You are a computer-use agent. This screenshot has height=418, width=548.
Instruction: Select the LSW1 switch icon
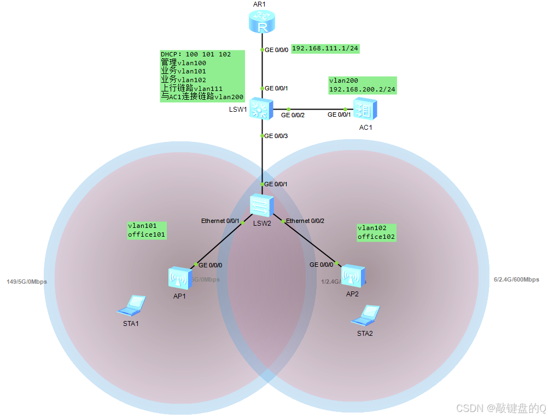(259, 109)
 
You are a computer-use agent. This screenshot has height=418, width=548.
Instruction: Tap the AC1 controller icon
(364, 109)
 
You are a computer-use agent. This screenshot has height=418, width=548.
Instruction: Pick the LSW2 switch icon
(261, 205)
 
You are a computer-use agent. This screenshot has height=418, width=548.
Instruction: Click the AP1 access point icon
(178, 278)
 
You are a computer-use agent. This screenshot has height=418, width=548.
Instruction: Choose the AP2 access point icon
(352, 276)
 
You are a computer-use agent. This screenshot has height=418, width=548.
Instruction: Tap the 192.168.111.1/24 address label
(325, 48)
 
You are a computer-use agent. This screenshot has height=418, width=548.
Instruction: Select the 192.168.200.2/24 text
(362, 89)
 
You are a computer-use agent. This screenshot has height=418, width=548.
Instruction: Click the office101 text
(147, 234)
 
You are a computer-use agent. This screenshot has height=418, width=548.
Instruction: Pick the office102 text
(376, 237)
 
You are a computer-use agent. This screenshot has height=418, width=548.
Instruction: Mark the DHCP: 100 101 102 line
(196, 55)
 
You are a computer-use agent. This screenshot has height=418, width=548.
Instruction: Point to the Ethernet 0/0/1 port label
(220, 221)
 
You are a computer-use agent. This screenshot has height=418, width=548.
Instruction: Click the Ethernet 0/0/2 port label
(305, 221)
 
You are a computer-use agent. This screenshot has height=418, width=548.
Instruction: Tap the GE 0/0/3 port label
(276, 135)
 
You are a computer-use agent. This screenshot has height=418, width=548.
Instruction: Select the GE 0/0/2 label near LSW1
(293, 115)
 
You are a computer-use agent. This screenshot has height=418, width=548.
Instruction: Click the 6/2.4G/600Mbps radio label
(516, 279)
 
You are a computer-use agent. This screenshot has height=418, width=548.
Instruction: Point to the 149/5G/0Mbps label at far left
(27, 282)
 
